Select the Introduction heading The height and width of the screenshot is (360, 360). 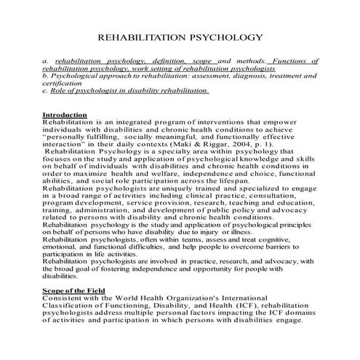click(66, 115)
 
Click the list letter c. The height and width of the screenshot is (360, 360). click(45, 91)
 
